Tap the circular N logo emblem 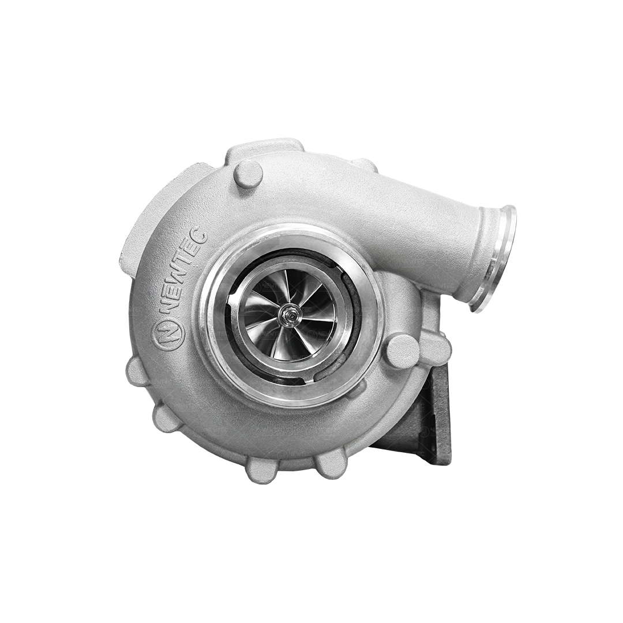168,333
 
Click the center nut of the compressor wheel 287,315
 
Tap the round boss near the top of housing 248,174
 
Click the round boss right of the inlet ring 402,351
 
